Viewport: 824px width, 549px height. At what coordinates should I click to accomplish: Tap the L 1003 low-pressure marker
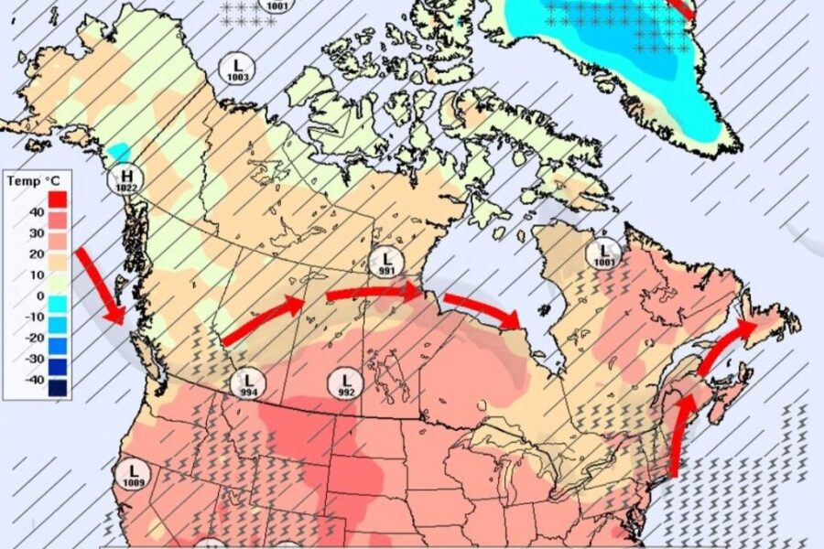[x=237, y=69]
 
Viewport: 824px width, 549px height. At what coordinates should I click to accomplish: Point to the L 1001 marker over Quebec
[x=604, y=253]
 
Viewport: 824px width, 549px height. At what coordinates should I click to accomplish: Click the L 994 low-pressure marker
[x=248, y=383]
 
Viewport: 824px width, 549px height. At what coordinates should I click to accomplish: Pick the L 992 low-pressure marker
[x=345, y=383]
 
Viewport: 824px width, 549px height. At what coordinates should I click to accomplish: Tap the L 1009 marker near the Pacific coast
[x=132, y=474]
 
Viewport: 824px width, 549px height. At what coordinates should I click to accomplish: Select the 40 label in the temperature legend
[x=36, y=212]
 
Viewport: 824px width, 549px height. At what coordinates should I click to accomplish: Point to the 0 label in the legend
[x=39, y=296]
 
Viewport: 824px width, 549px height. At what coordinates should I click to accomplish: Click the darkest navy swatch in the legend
[x=58, y=388]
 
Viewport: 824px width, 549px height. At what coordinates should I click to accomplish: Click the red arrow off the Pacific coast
[x=100, y=284]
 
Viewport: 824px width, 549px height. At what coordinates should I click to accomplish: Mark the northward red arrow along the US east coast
[x=679, y=435]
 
